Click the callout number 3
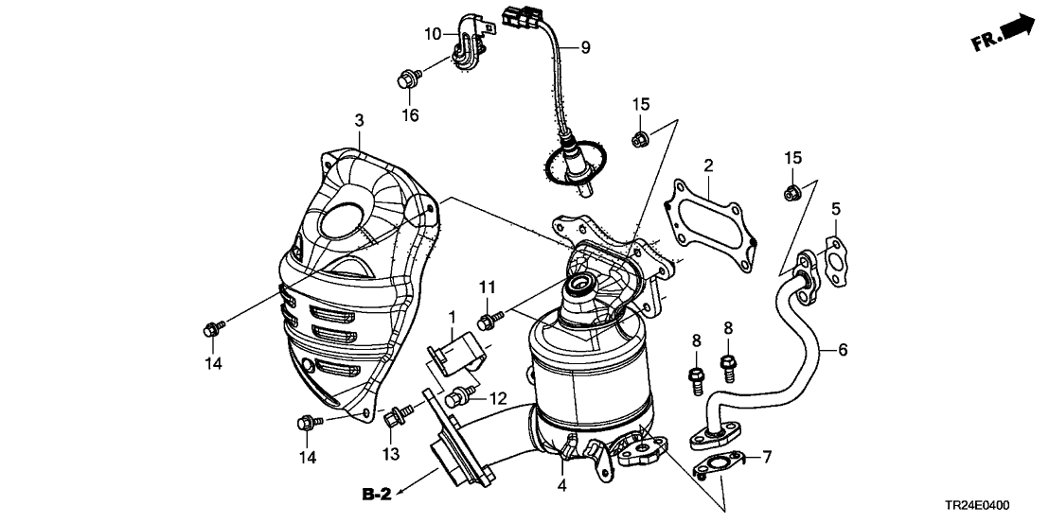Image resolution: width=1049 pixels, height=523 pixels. coord(359,120)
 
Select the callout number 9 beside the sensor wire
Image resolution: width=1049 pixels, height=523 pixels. coord(584,47)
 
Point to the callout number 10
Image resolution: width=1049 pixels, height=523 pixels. coord(432,34)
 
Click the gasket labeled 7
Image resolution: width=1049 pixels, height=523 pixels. coord(720,465)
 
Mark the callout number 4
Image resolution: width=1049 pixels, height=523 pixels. coord(562,486)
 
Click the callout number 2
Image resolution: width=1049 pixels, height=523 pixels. coord(707,167)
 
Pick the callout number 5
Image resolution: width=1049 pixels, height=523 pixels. coord(836,208)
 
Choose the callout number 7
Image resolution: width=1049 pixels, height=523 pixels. coord(767,458)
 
